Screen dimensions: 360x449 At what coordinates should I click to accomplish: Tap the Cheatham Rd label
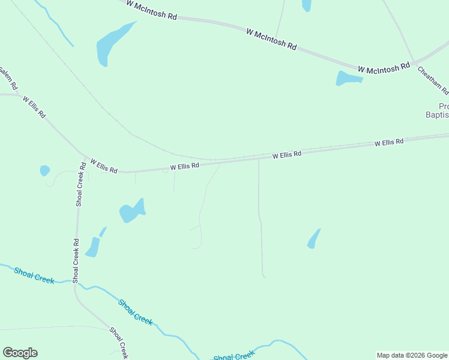[433, 80]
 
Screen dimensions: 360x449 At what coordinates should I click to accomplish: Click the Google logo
[20, 353]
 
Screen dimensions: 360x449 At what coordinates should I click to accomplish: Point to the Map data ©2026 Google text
[412, 355]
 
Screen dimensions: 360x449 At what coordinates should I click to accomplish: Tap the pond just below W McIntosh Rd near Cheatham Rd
[347, 78]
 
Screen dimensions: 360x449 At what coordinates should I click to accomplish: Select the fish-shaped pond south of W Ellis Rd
[131, 211]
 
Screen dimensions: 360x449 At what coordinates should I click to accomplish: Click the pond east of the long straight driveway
[313, 239]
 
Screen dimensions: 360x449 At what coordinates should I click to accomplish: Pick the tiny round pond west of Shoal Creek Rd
[44, 170]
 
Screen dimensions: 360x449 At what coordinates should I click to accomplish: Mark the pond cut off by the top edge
[306, 5]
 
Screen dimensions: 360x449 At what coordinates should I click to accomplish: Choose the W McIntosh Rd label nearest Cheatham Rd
[384, 69]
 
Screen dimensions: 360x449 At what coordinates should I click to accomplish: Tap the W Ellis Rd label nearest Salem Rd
[34, 106]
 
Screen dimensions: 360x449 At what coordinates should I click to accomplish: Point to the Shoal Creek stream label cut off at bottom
[234, 356]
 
